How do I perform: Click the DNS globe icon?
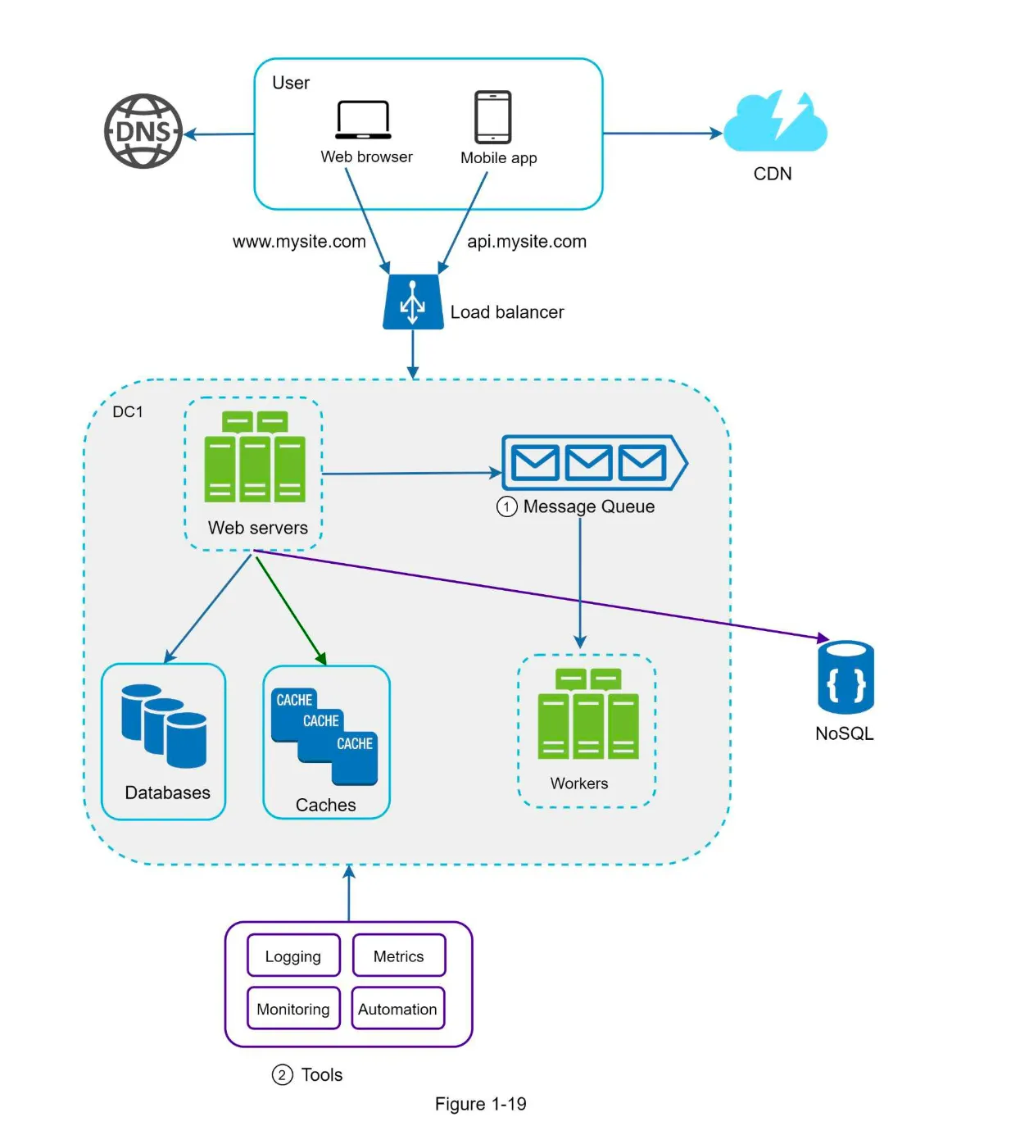click(x=143, y=131)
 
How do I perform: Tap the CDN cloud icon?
click(x=775, y=123)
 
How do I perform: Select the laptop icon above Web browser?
click(x=363, y=120)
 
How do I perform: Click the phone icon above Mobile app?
click(x=492, y=117)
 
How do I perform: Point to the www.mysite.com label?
click(x=299, y=242)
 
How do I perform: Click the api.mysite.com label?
click(x=527, y=242)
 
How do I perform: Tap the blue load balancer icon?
click(x=413, y=302)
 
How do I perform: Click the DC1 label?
click(x=128, y=411)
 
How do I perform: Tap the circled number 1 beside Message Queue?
click(x=506, y=507)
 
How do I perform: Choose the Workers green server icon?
click(x=587, y=715)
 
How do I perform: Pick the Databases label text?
click(x=167, y=792)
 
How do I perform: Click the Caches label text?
click(x=325, y=805)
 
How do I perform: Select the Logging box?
click(x=293, y=956)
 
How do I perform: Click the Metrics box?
click(x=399, y=956)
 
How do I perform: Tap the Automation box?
click(x=397, y=1009)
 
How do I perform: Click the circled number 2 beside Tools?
click(x=282, y=1074)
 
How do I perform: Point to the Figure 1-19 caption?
click(x=480, y=1104)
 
